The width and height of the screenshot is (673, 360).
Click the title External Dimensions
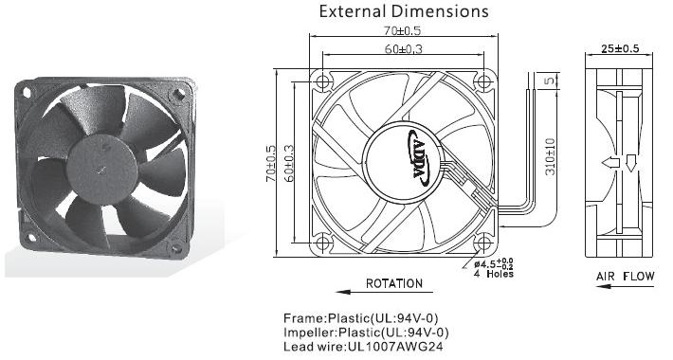404,11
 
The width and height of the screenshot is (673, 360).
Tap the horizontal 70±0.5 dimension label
403,31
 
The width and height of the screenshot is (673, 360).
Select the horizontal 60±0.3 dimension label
404,49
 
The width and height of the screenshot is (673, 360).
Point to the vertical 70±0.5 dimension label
271,163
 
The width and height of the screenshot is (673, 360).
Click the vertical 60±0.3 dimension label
289,163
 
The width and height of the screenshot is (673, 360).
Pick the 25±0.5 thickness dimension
620,48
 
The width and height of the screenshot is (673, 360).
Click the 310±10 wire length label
550,156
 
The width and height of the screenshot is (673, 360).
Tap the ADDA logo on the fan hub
418,158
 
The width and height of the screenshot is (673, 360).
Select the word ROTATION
394,283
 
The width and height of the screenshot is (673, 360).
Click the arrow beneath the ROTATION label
384,292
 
